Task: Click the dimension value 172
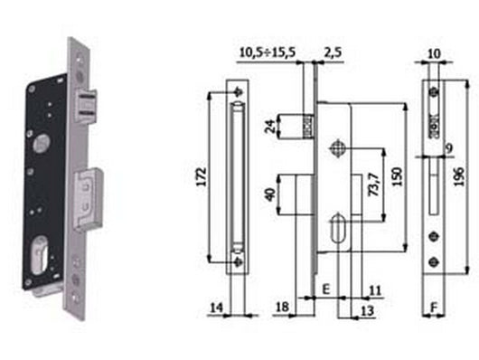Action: [x=202, y=175]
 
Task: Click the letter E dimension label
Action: [x=324, y=289]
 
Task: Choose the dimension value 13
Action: [x=367, y=310]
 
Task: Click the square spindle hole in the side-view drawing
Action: [x=338, y=147]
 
